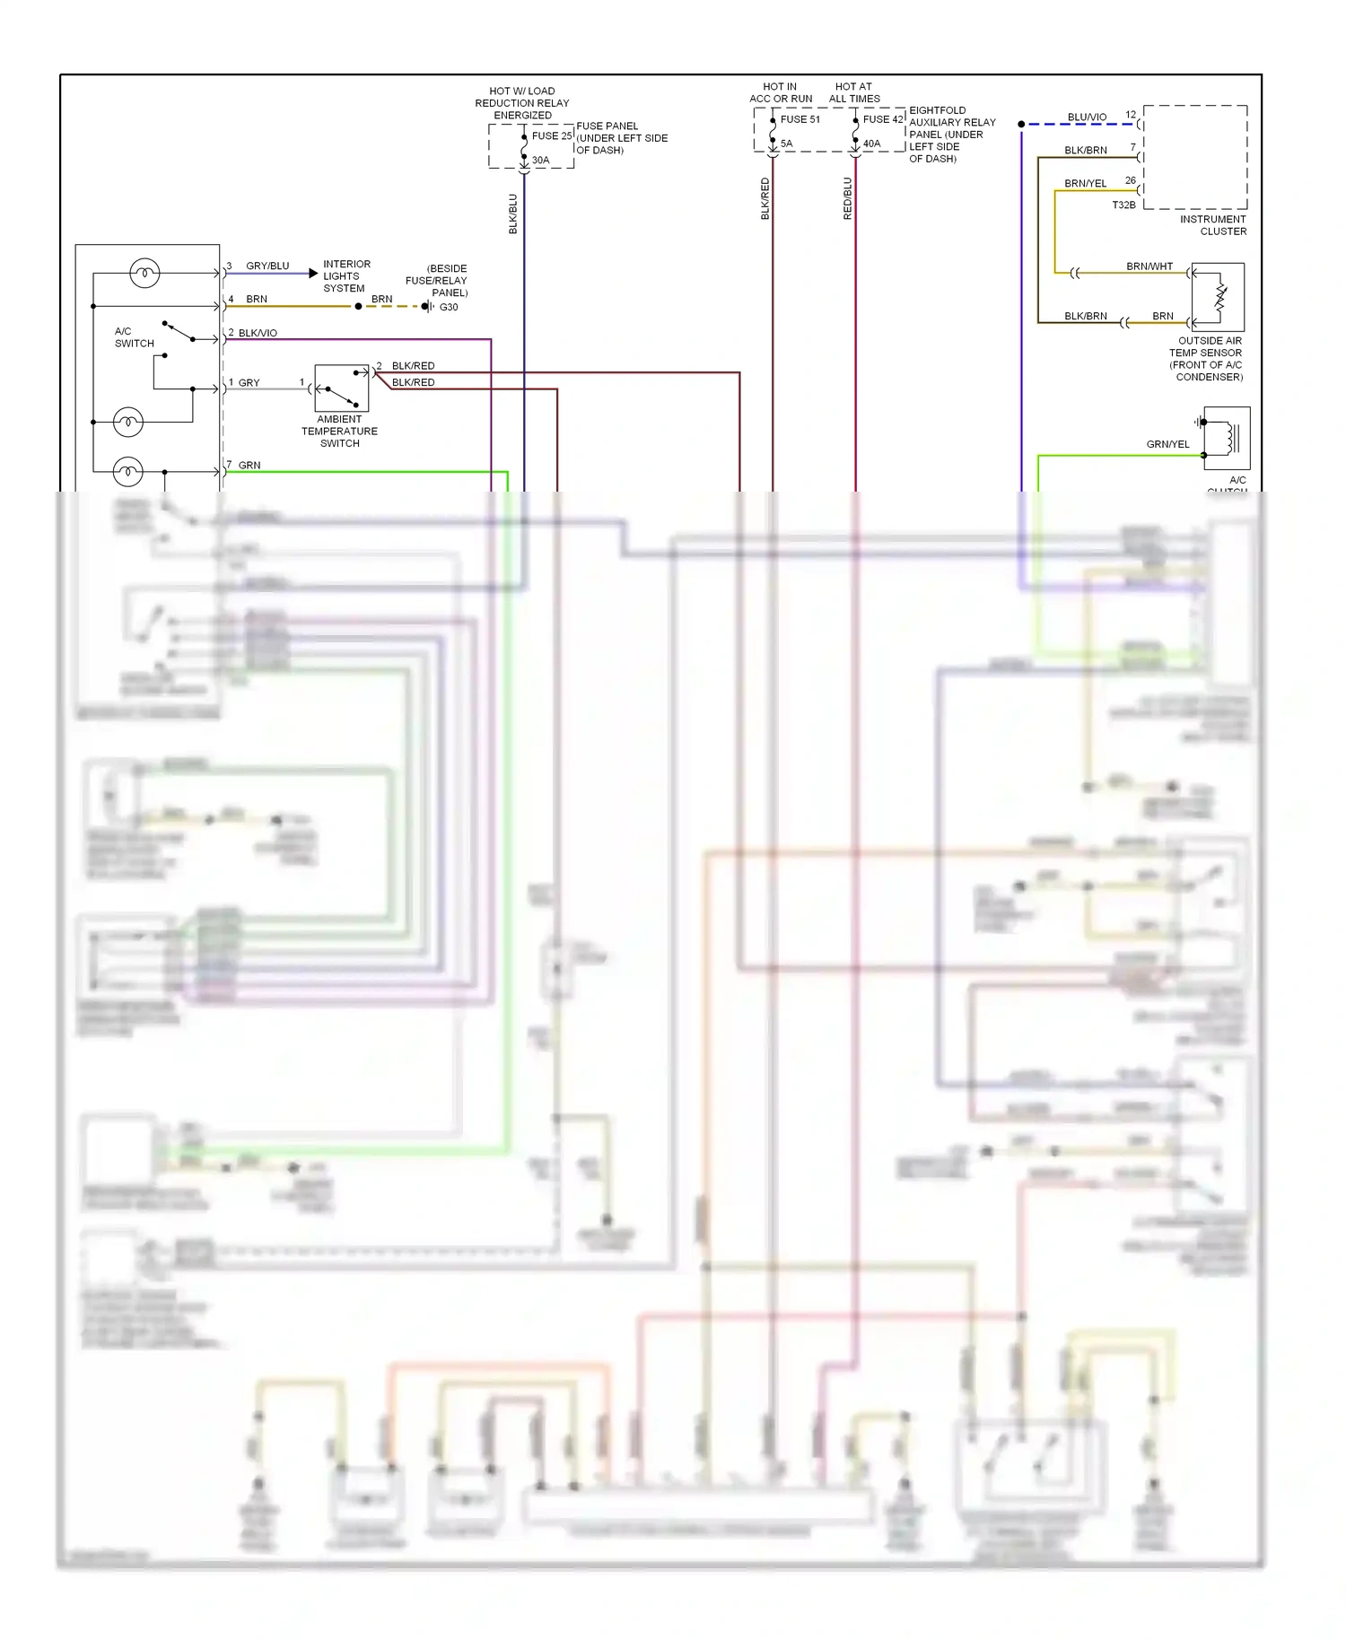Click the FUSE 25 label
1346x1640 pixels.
click(551, 136)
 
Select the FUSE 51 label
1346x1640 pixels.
click(800, 119)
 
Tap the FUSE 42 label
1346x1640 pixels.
click(882, 119)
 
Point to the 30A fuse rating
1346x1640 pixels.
click(540, 161)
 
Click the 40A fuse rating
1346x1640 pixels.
click(871, 144)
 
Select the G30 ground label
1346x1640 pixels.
click(449, 307)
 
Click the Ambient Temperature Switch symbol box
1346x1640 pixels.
click(341, 388)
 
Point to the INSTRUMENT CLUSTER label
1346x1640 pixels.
click(1213, 225)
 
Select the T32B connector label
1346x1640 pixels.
click(1123, 205)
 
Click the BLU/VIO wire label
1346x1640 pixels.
click(1087, 118)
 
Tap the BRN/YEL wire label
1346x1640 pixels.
click(1085, 184)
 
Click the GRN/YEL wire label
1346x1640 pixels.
click(1167, 445)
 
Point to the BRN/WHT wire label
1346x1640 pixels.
click(1149, 266)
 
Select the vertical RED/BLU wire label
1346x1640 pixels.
click(847, 198)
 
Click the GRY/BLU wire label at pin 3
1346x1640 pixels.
click(267, 266)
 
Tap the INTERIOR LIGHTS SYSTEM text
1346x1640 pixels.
click(345, 276)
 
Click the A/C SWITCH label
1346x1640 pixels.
click(134, 337)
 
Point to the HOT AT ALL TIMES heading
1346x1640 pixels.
click(854, 93)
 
